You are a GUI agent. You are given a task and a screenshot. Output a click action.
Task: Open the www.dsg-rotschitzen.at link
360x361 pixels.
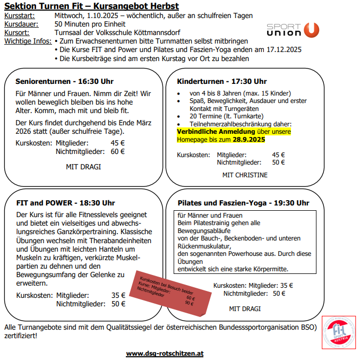click(164, 353)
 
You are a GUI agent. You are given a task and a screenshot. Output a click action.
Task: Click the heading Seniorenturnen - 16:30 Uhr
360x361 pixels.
click(64, 82)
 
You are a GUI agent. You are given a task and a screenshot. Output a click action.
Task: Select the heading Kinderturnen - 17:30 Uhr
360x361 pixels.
click(222, 81)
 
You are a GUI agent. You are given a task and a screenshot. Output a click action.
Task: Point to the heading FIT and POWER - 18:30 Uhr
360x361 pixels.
click(65, 203)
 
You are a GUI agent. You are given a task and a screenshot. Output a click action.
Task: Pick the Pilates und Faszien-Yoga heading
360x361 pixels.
click(243, 203)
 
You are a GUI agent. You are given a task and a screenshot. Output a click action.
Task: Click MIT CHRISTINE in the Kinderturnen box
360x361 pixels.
click(245, 175)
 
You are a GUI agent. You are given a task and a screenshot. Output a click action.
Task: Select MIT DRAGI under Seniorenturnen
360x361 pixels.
click(83, 167)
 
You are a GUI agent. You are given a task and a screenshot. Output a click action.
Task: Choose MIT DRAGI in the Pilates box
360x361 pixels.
click(245, 308)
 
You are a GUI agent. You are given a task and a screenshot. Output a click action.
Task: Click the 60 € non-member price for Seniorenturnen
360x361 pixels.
click(118, 151)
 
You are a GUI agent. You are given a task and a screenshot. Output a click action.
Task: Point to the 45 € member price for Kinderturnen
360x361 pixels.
click(278, 155)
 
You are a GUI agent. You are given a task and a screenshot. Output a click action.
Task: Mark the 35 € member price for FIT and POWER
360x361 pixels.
click(118, 296)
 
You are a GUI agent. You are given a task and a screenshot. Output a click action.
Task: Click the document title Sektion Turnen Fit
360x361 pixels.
click(91, 6)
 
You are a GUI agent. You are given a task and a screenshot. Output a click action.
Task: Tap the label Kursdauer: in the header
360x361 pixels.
click(22, 24)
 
